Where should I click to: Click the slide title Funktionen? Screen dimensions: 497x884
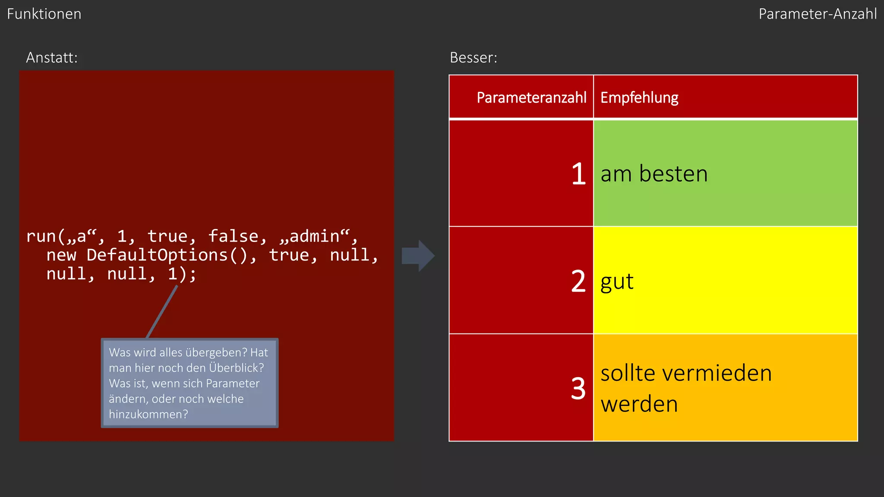[44, 14]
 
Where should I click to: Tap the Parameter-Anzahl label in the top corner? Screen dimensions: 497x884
[818, 14]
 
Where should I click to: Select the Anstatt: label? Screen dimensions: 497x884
[52, 58]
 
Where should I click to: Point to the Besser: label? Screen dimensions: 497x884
[474, 58]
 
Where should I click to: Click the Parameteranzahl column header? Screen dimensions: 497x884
[531, 98]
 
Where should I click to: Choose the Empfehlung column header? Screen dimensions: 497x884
[639, 98]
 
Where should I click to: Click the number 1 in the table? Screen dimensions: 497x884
[578, 174]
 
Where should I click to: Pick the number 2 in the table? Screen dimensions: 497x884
[578, 281]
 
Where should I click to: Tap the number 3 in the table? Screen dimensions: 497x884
[578, 388]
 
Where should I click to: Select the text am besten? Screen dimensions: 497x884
[654, 174]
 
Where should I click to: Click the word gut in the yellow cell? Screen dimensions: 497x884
[617, 282]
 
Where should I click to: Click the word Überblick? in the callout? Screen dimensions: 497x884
[237, 368]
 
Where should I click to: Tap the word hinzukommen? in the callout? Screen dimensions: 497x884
[148, 415]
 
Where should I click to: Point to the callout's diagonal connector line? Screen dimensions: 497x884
[162, 311]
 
